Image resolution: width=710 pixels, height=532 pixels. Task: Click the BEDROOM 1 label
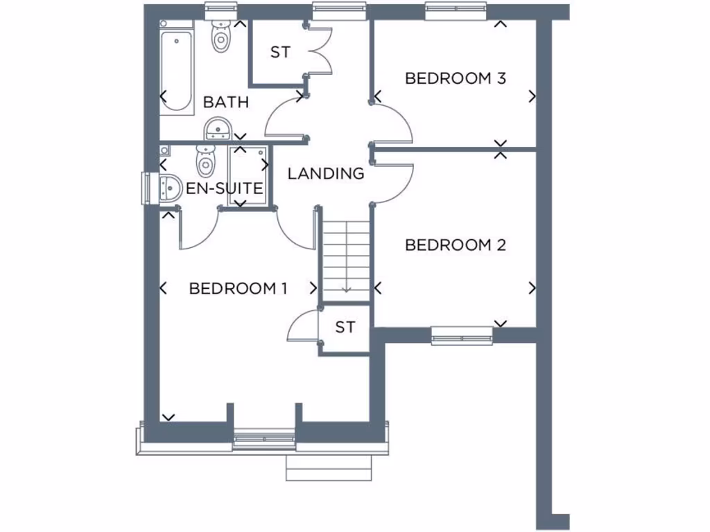[x=238, y=288]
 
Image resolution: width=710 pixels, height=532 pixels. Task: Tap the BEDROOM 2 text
[x=456, y=245]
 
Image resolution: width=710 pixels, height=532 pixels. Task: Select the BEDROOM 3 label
[x=456, y=78]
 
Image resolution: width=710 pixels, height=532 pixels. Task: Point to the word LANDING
[x=326, y=173]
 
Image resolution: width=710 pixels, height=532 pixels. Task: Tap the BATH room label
[x=225, y=103]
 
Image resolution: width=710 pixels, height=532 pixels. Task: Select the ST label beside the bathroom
[x=279, y=53]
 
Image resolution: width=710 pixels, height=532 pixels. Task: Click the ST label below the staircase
[x=345, y=327]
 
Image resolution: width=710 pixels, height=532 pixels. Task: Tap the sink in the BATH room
[x=218, y=128]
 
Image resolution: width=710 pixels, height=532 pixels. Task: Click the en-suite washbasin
[x=168, y=186]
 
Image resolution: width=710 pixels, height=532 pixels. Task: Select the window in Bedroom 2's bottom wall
[x=462, y=337]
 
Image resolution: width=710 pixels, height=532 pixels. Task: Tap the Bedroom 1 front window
[x=264, y=438]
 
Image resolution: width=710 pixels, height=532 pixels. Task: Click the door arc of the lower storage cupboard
[x=300, y=326]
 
